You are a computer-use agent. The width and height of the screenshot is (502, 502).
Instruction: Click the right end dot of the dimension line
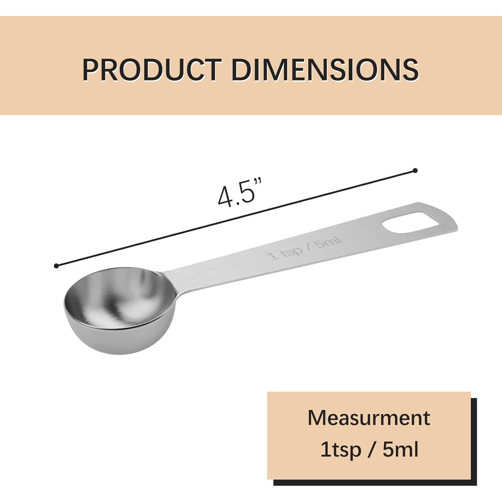415,170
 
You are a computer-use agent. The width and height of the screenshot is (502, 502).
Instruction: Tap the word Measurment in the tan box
369,417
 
